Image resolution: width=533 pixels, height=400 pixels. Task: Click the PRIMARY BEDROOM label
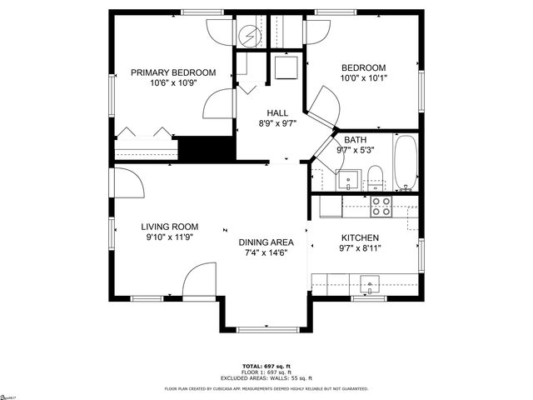coord(173,72)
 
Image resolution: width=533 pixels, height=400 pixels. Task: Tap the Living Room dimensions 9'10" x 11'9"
coord(169,237)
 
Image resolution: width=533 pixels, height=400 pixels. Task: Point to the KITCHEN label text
coord(360,237)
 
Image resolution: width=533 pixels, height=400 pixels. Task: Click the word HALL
coord(277,112)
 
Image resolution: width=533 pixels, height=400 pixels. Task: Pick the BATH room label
coord(355,139)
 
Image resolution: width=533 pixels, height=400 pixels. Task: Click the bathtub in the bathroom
coord(406,162)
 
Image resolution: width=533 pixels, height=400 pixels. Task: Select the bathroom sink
coord(347,178)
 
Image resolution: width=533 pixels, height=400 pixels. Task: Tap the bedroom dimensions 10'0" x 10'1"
coord(364,78)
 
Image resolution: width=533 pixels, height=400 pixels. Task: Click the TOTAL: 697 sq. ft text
coord(266,366)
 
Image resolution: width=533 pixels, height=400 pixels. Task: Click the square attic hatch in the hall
coord(286,67)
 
